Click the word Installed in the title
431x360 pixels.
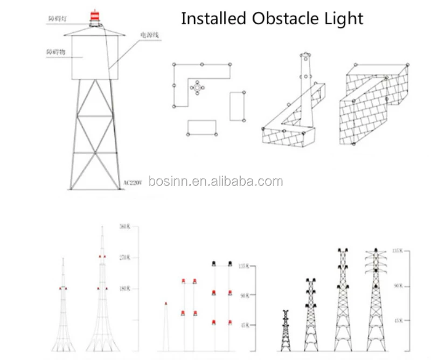click(213, 18)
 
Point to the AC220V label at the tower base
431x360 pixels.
click(132, 183)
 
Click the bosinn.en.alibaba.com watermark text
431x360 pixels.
click(215, 181)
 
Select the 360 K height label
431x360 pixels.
click(124, 227)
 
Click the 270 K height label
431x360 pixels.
click(124, 258)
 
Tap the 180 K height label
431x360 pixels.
click(124, 289)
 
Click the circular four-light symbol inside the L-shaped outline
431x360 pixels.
click(198, 87)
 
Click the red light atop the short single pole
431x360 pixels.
click(166, 304)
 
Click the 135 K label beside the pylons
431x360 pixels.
click(398, 251)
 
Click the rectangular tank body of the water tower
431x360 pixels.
click(95, 58)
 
